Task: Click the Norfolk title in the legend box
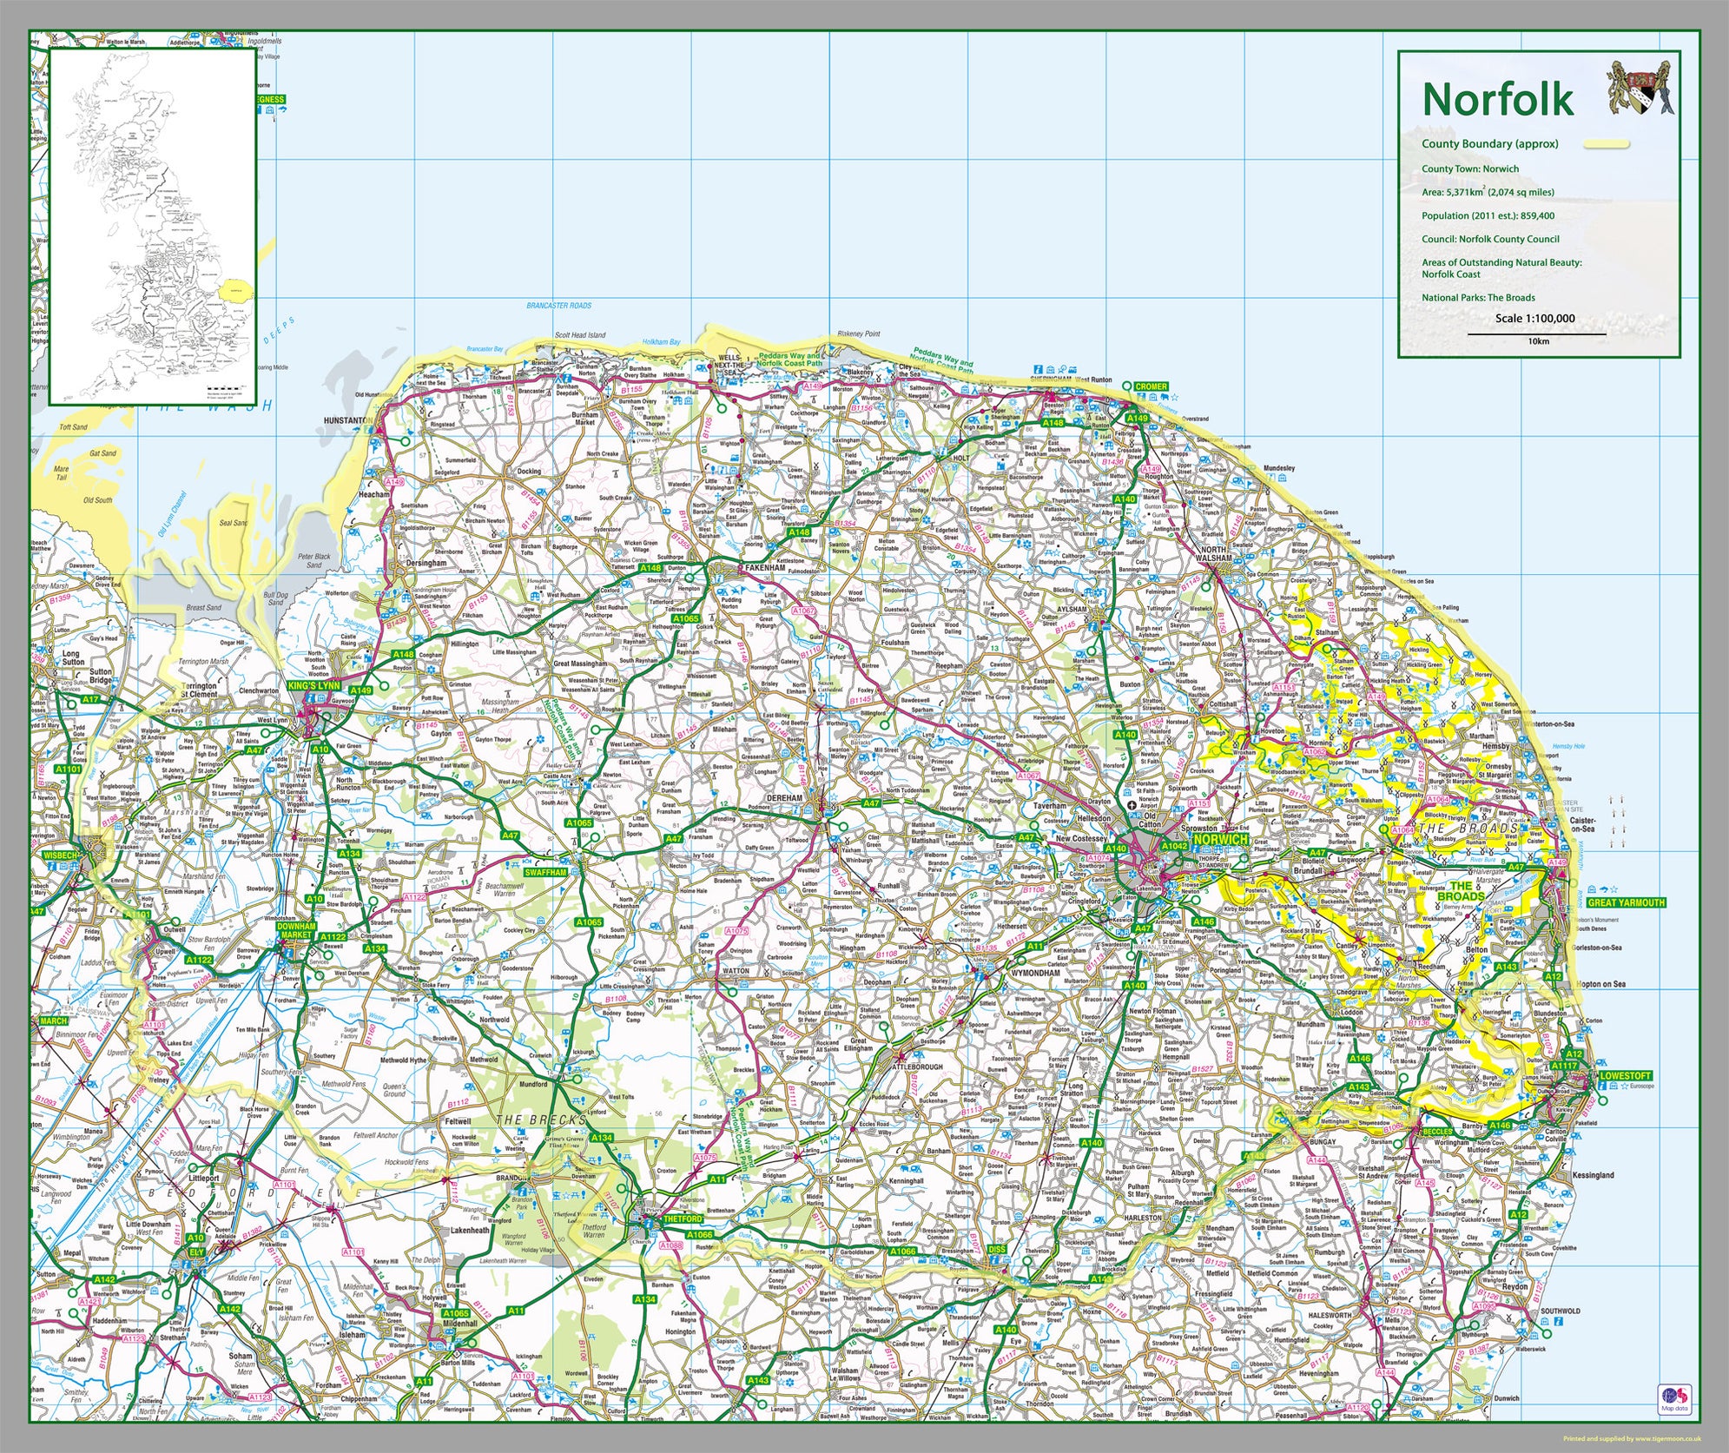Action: (1497, 99)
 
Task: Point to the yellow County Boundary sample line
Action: (1607, 145)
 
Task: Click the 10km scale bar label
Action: (1538, 341)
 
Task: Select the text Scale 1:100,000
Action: (1534, 319)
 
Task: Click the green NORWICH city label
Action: (1220, 840)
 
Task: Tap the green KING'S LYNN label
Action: (313, 686)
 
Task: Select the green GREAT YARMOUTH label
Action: (1626, 902)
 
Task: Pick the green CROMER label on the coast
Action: (1151, 386)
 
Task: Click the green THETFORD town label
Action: (682, 1219)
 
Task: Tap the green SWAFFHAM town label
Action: (545, 872)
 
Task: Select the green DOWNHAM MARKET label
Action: (295, 930)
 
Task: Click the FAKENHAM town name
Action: (765, 568)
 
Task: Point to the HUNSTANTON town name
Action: (347, 420)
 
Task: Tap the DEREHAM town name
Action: (784, 797)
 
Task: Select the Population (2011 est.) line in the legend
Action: (1488, 215)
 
